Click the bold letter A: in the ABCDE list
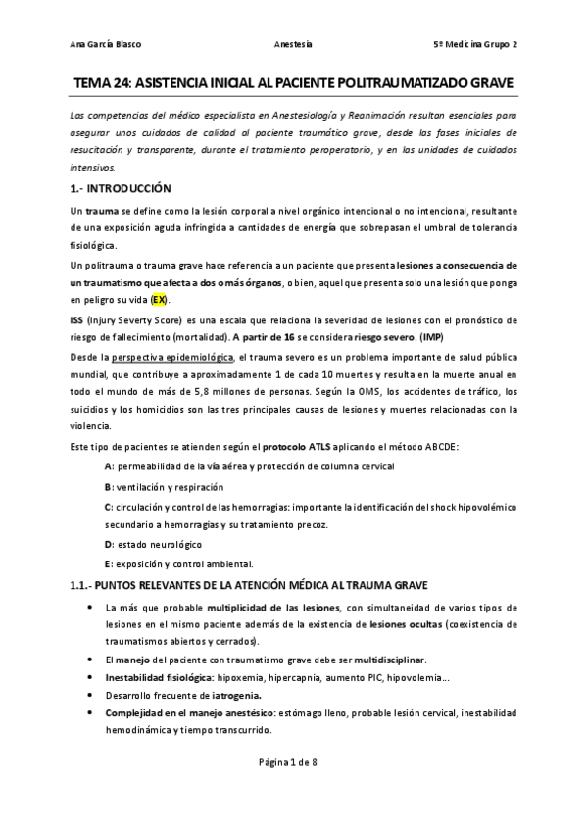tap(109, 466)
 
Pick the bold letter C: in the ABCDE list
tap(109, 506)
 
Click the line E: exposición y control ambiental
tap(178, 563)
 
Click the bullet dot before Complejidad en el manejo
tap(90, 714)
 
